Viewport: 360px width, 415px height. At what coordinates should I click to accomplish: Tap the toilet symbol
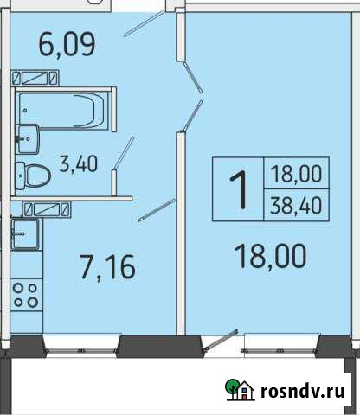(36, 175)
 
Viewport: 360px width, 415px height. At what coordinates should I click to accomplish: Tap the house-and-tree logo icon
(239, 391)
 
